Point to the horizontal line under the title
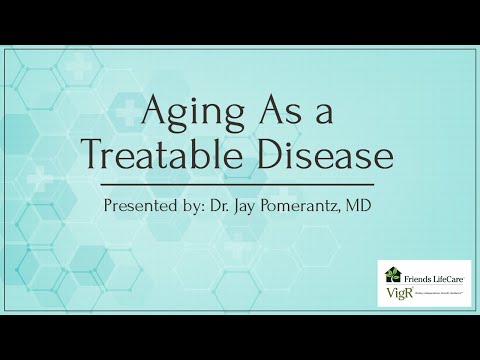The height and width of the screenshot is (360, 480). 240,185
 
